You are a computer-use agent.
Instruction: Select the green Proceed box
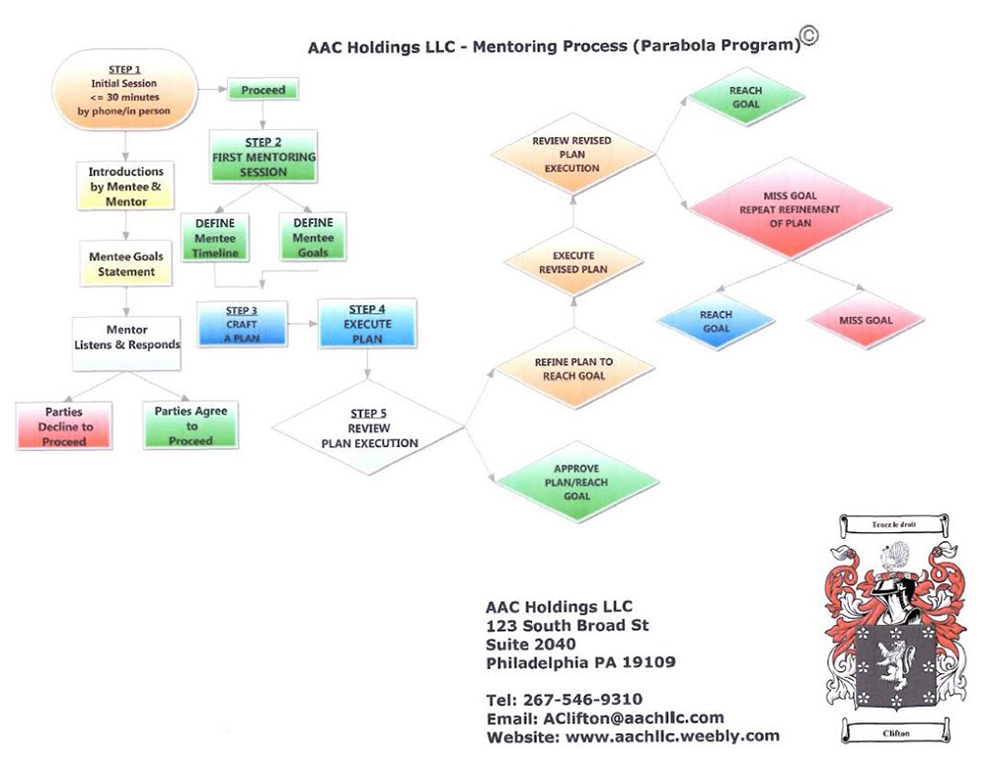point(263,90)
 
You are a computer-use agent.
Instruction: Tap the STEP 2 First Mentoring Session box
point(264,157)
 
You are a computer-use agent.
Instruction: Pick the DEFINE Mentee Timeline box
point(215,238)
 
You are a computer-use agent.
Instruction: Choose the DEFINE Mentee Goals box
point(312,238)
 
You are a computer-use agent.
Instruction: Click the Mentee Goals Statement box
point(125,265)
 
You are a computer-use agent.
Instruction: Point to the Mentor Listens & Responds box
point(126,338)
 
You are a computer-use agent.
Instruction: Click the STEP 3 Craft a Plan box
point(241,325)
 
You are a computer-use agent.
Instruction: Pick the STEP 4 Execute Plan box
point(367,324)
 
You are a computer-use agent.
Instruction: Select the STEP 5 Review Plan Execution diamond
point(369,428)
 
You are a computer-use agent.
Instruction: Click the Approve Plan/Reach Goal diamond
point(576,482)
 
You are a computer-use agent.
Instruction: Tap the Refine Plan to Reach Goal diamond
point(573,368)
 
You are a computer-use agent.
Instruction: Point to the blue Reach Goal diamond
point(716,322)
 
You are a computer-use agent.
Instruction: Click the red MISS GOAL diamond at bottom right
point(865,321)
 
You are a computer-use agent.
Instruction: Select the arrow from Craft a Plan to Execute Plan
point(301,324)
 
